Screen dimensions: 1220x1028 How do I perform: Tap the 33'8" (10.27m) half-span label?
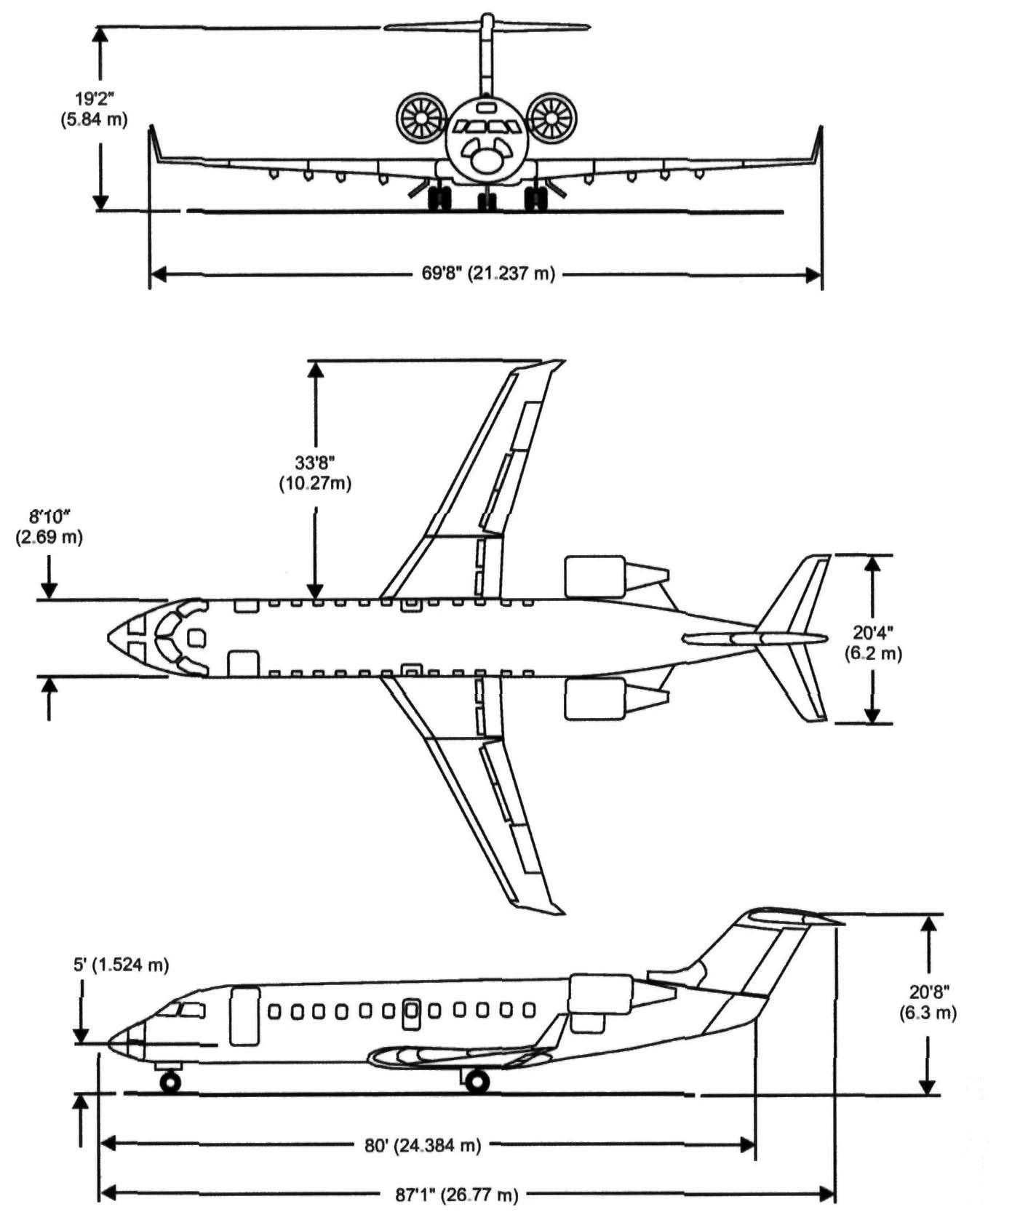[315, 473]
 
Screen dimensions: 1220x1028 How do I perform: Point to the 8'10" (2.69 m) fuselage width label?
[49, 527]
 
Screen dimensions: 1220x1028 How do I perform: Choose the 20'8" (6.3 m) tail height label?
[932, 1002]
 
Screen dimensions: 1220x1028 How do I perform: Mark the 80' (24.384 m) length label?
[422, 1145]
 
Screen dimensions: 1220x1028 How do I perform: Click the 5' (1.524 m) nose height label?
[121, 965]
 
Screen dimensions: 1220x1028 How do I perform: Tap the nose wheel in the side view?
[170, 1083]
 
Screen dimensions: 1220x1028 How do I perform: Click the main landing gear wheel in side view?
[477, 1082]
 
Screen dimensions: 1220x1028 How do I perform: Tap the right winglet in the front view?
[819, 144]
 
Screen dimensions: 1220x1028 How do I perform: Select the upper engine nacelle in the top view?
[595, 577]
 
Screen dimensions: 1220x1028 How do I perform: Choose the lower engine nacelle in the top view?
[595, 698]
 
